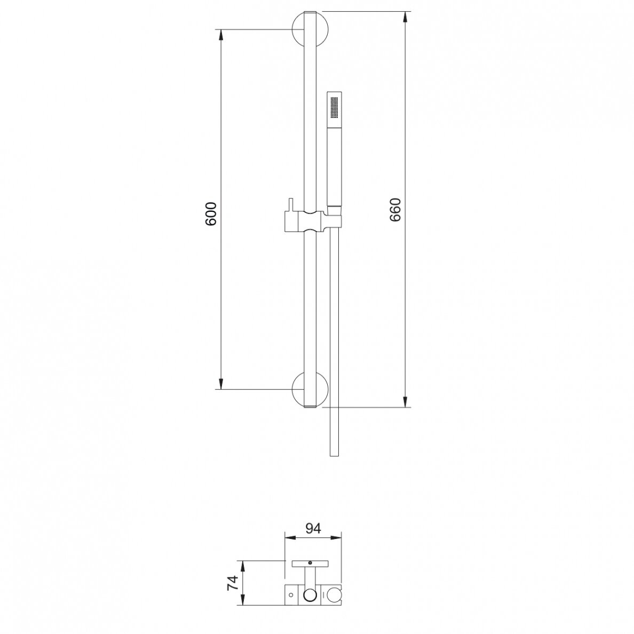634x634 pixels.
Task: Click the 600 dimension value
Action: (211, 214)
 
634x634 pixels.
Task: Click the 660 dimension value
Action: (394, 209)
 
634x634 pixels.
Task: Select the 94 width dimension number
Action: (313, 528)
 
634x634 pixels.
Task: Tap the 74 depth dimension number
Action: (233, 583)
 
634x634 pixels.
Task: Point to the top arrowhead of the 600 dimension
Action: (221, 35)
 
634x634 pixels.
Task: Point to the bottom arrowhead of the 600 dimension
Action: (221, 384)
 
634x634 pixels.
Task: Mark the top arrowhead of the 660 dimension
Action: (405, 17)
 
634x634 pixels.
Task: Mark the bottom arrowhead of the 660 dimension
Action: (405, 401)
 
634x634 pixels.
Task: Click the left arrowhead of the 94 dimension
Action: (291, 538)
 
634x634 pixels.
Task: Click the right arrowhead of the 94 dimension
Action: (336, 538)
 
